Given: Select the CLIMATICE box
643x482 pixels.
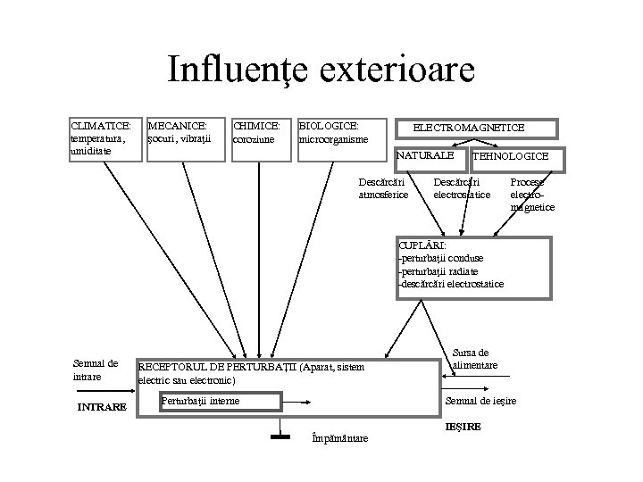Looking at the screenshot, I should click(x=106, y=139).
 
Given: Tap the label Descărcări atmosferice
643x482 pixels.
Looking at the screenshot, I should click(x=383, y=188).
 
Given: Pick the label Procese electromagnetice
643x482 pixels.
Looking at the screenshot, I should click(x=532, y=195).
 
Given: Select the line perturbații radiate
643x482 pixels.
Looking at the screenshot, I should click(x=439, y=271).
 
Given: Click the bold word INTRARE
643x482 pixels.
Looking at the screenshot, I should click(x=102, y=408).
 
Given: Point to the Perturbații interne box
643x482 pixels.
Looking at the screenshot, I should click(x=201, y=402).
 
